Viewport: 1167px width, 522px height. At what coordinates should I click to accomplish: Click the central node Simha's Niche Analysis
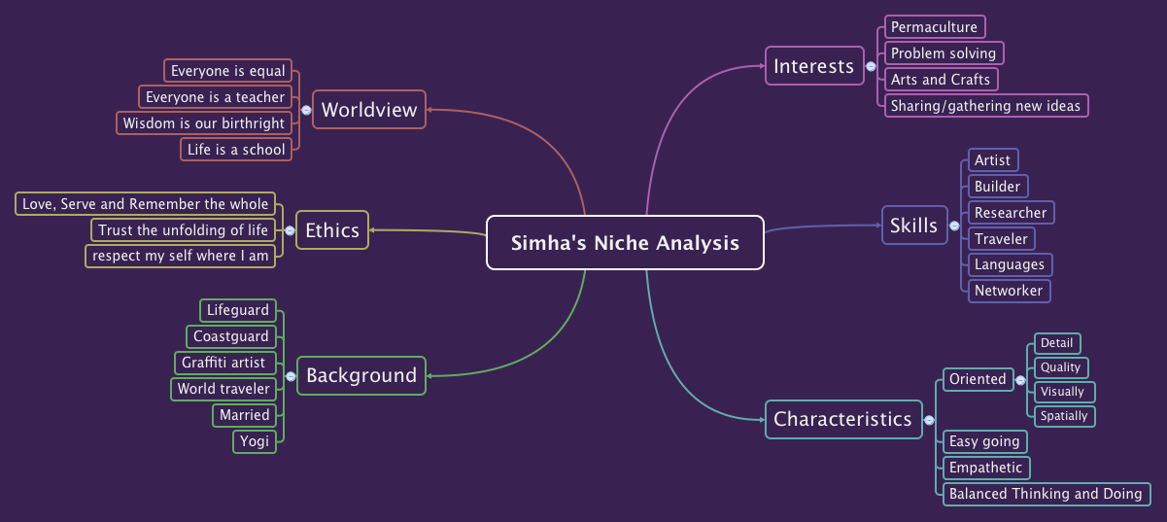pyautogui.click(x=625, y=243)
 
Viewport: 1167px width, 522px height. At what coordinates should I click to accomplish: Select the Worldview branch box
pyautogui.click(x=369, y=110)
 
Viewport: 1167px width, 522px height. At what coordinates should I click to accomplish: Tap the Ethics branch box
pyautogui.click(x=332, y=230)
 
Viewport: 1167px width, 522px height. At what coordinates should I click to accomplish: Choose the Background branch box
pyautogui.click(x=361, y=375)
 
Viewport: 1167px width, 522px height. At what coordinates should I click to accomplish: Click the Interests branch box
pyautogui.click(x=813, y=66)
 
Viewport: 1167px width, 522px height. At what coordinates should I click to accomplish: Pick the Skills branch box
pyautogui.click(x=913, y=226)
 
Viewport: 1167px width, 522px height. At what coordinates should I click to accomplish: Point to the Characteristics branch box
pyautogui.click(x=842, y=420)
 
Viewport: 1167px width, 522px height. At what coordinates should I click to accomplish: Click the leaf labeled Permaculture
pyautogui.click(x=934, y=27)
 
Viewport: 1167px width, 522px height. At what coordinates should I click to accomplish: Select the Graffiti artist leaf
pyautogui.click(x=223, y=363)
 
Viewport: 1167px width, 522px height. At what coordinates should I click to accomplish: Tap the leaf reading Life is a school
pyautogui.click(x=236, y=150)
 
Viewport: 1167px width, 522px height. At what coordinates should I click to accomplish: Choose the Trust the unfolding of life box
pyautogui.click(x=183, y=230)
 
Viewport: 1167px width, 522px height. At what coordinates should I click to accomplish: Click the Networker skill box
pyautogui.click(x=1009, y=291)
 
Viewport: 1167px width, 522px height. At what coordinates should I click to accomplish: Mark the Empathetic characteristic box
pyautogui.click(x=986, y=468)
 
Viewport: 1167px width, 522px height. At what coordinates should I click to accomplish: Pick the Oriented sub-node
pyautogui.click(x=978, y=379)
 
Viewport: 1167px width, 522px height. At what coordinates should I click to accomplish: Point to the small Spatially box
pyautogui.click(x=1064, y=416)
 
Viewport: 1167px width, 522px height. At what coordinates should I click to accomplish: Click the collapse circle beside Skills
pyautogui.click(x=954, y=226)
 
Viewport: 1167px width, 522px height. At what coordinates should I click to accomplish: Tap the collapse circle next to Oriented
pyautogui.click(x=1020, y=379)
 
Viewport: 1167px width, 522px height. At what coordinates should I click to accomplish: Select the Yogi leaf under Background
pyautogui.click(x=255, y=441)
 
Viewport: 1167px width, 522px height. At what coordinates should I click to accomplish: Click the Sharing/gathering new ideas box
pyautogui.click(x=985, y=106)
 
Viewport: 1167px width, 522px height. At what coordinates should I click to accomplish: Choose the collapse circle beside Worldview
pyautogui.click(x=306, y=110)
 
